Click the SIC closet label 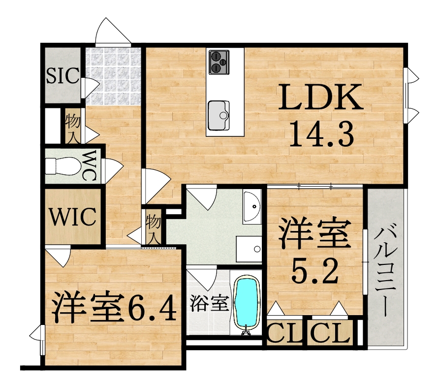pyautogui.click(x=63, y=75)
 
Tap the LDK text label pyautogui.click(x=320, y=97)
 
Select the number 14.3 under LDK pyautogui.click(x=321, y=133)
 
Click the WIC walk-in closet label pyautogui.click(x=73, y=217)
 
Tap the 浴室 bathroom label pyautogui.click(x=210, y=304)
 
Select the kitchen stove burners pyautogui.click(x=219, y=62)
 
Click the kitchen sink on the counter pyautogui.click(x=219, y=115)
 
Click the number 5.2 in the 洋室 pyautogui.click(x=315, y=270)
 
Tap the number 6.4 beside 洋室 pyautogui.click(x=153, y=308)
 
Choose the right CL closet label pyautogui.click(x=330, y=333)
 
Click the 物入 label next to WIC pyautogui.click(x=153, y=228)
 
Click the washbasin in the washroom pyautogui.click(x=252, y=206)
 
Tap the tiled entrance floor pyautogui.click(x=113, y=76)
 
